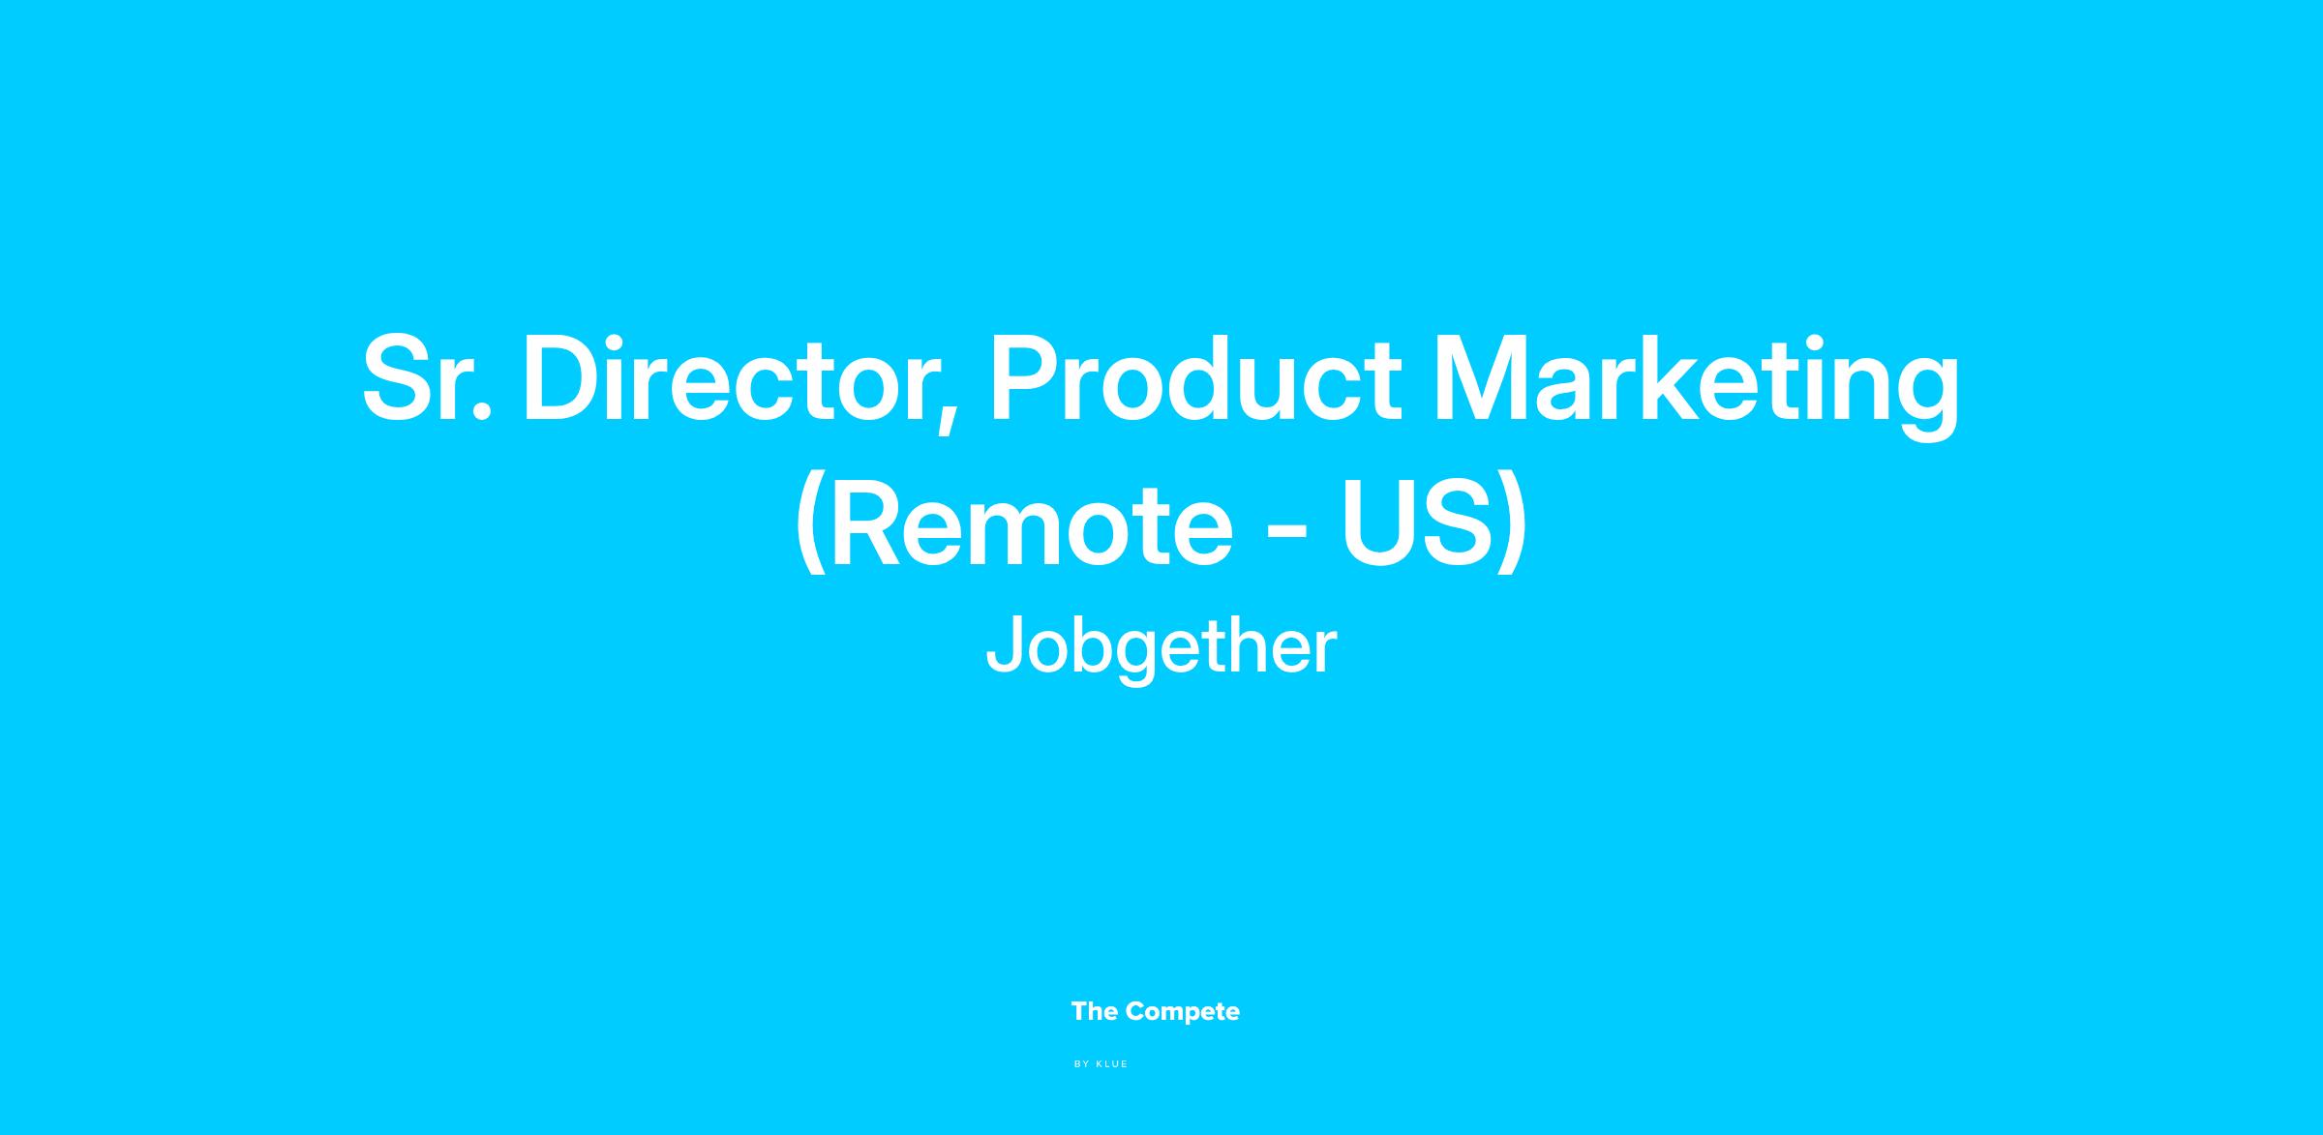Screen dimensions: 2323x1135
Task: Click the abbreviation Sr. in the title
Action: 427,378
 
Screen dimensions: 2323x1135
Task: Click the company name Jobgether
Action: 1161,647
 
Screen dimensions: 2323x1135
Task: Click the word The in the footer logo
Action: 1095,1011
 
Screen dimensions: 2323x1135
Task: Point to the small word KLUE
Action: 1112,1064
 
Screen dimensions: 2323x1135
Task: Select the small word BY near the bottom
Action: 1082,1064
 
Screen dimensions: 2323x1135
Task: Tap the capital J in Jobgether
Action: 1003,643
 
